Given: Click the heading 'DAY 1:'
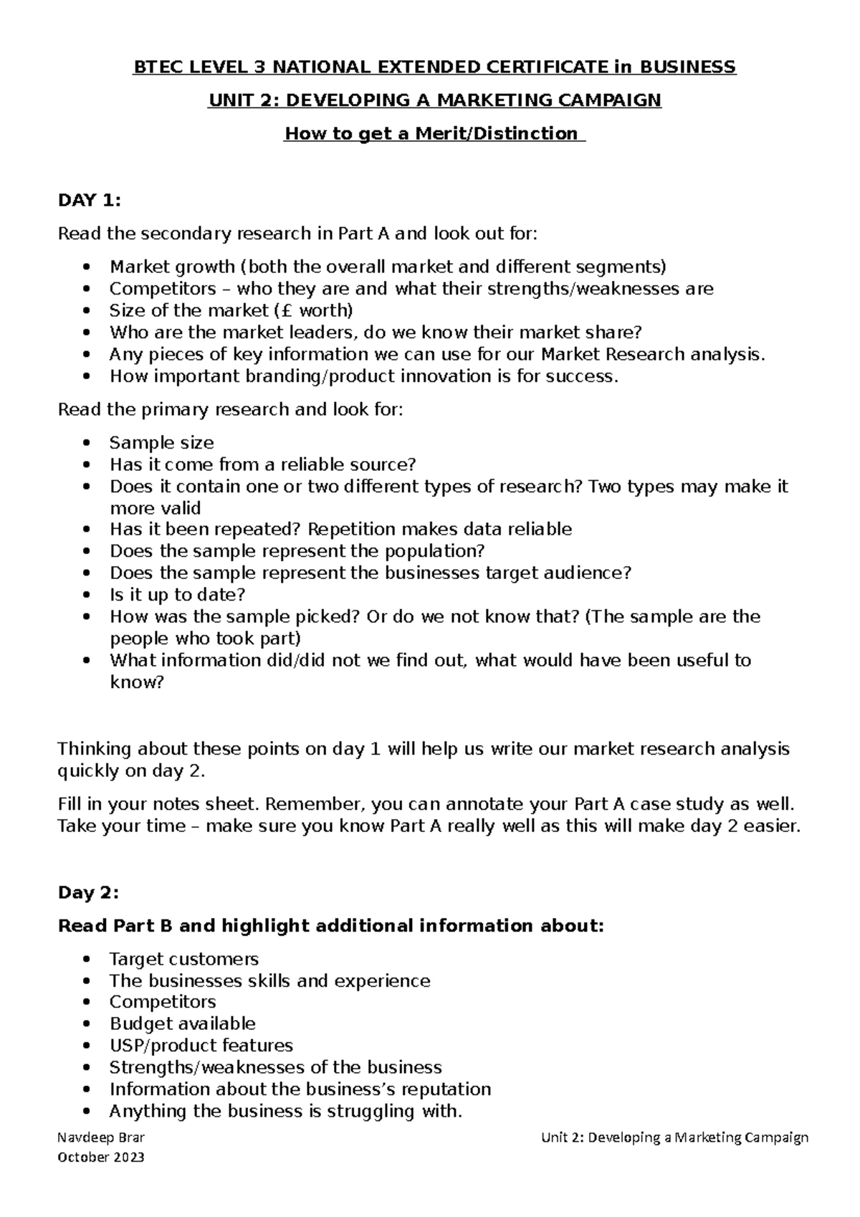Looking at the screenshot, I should tap(89, 201).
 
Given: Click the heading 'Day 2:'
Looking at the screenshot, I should tap(87, 893).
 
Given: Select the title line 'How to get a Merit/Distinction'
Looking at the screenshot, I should tap(434, 134).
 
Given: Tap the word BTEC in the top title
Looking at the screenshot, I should tap(157, 67).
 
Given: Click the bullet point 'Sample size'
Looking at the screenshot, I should tap(161, 443).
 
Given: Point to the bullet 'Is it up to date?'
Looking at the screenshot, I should tap(177, 595).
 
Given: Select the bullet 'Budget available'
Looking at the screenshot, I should tap(182, 1023).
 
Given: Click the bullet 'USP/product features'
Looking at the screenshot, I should tap(201, 1045).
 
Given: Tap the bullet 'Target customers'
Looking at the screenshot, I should tap(183, 959).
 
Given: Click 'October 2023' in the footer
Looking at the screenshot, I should tap(101, 1158).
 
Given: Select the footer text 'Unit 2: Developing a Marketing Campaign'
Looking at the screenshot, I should tap(674, 1137).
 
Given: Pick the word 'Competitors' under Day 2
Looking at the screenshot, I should tap(162, 1002).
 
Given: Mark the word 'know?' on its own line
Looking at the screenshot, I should tap(136, 682).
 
